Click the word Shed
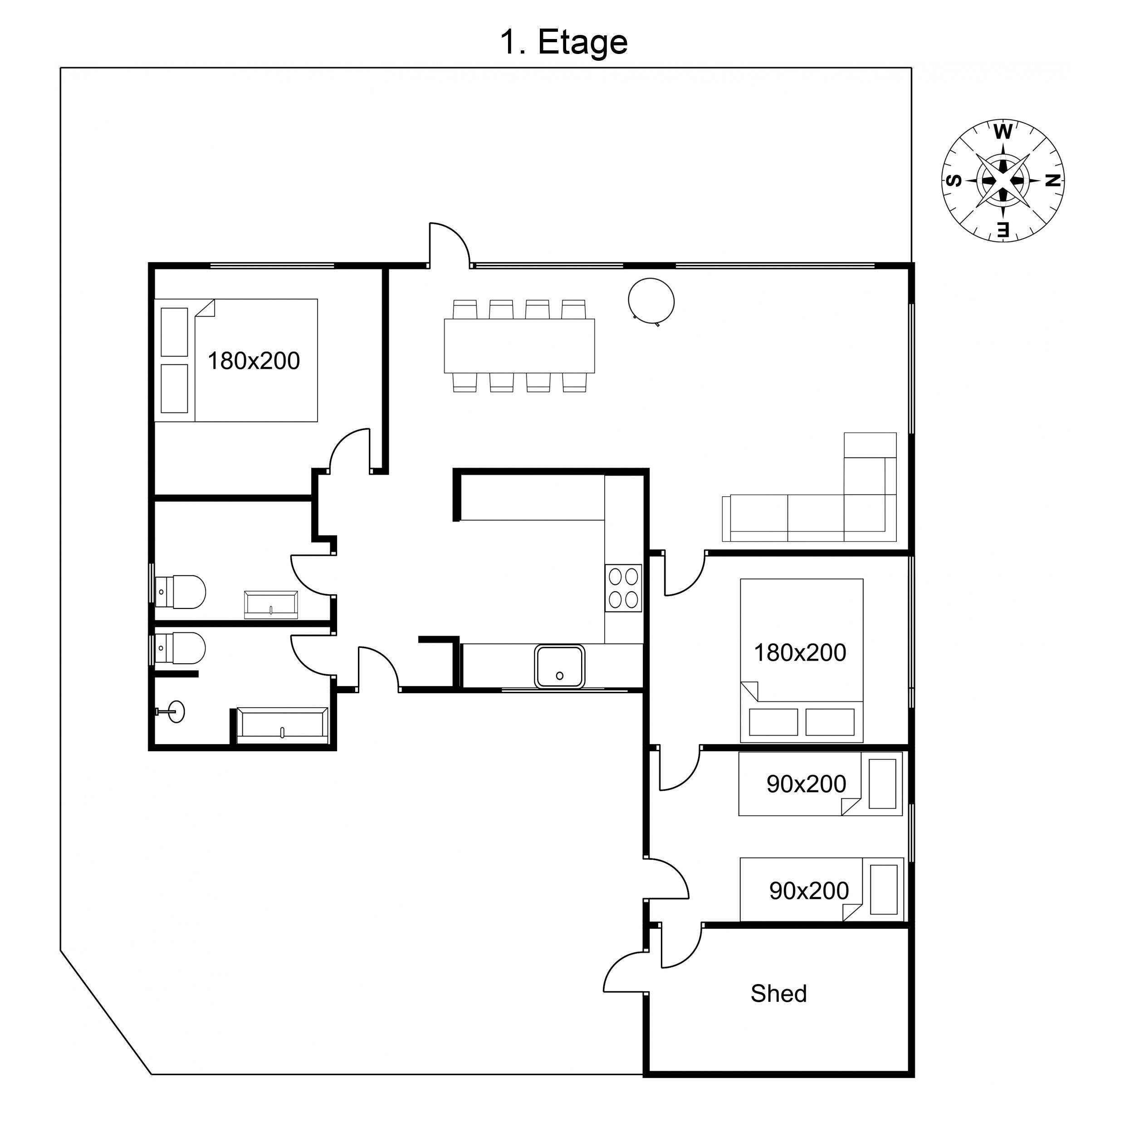[778, 994]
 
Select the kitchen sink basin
[559, 666]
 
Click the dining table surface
[518, 346]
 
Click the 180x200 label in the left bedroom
[253, 361]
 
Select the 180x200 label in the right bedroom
[800, 652]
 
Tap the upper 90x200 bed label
[806, 784]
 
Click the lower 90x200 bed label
[808, 891]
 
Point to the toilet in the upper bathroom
[182, 591]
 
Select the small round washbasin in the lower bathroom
[176, 712]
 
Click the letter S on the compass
[954, 181]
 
